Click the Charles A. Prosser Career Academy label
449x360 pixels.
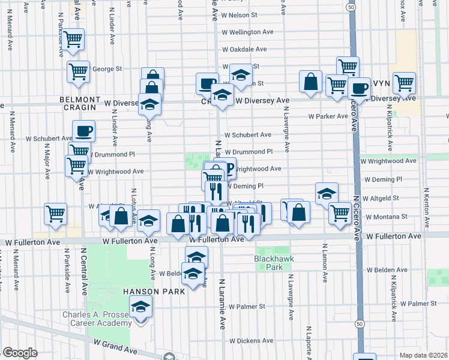point(97,319)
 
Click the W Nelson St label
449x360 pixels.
point(239,14)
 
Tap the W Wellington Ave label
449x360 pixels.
point(247,32)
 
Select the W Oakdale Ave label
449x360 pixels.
point(244,49)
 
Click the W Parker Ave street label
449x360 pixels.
point(328,116)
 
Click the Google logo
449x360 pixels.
point(20,353)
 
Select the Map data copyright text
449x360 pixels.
point(423,355)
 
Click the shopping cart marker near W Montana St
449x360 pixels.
point(340,212)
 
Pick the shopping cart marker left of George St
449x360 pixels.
point(79,71)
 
